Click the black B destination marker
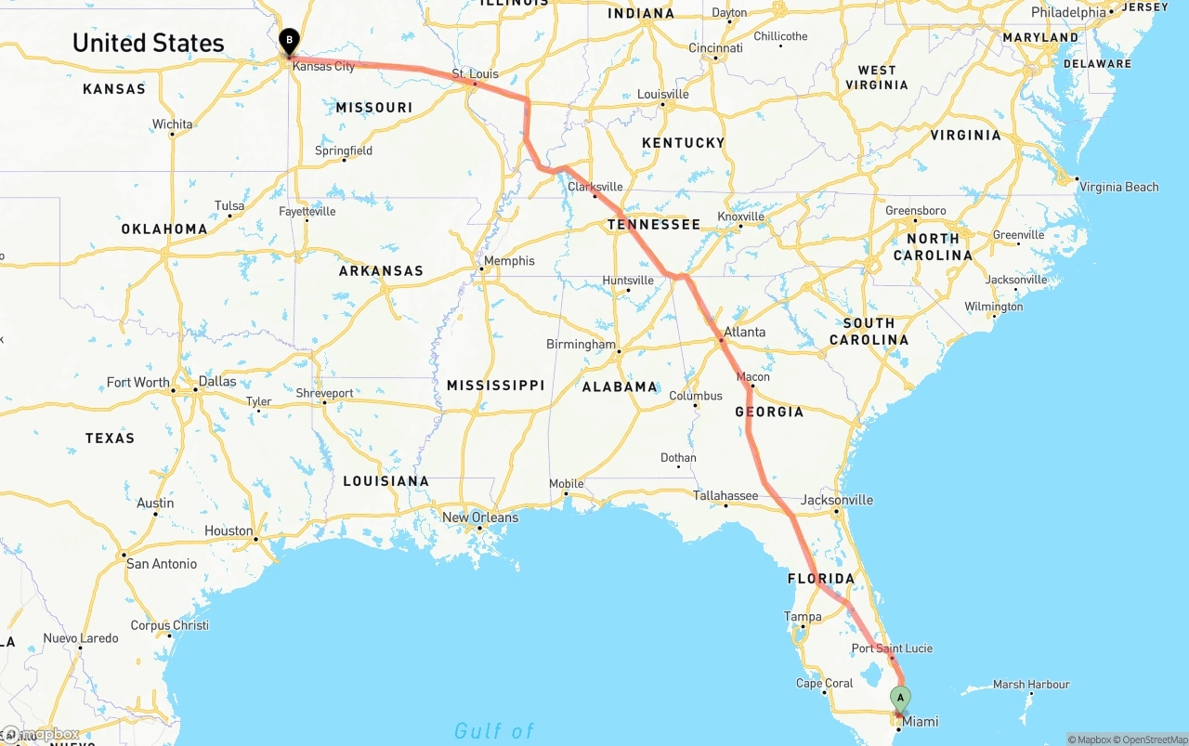(x=289, y=41)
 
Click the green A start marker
(x=899, y=698)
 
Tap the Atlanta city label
(x=745, y=332)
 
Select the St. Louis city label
(x=475, y=73)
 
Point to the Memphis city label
(x=509, y=261)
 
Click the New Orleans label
(x=480, y=517)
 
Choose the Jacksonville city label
(x=837, y=500)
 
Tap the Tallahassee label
(x=725, y=495)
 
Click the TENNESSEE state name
(x=654, y=225)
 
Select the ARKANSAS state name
(x=381, y=271)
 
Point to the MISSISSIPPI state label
(x=495, y=385)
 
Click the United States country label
(x=148, y=43)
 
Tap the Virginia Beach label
(x=1118, y=187)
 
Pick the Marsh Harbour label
(x=1031, y=685)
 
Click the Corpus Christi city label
(x=169, y=625)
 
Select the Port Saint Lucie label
(x=892, y=648)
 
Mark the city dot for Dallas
(x=196, y=390)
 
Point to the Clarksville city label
(x=595, y=187)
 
